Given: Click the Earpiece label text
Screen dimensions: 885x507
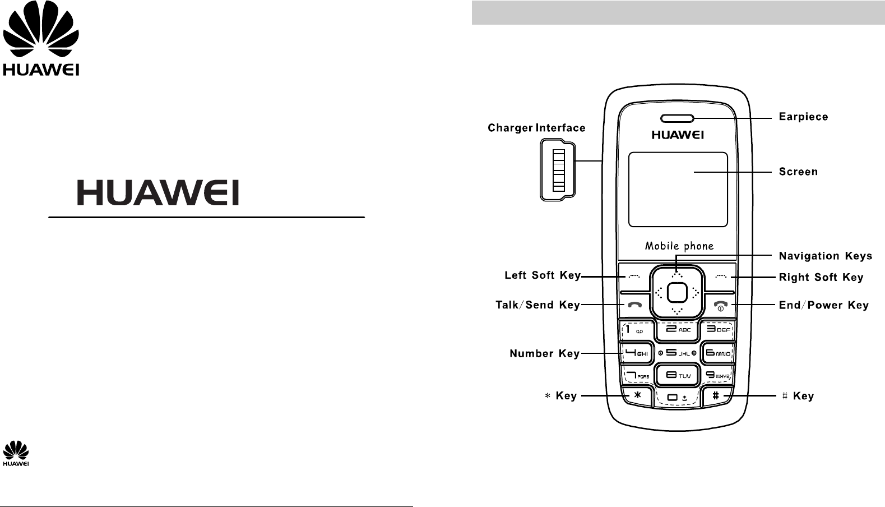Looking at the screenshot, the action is pos(803,117).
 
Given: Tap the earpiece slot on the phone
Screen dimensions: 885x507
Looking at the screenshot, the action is pos(677,118).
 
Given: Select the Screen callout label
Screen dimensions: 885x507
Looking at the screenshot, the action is pos(798,172).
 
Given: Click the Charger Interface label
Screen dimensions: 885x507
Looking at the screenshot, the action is pos(536,128).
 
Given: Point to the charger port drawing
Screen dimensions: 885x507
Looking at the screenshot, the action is pos(557,170).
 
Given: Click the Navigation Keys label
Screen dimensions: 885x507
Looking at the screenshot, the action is pos(825,256).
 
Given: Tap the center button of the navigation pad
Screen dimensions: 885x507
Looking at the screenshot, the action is pos(678,292).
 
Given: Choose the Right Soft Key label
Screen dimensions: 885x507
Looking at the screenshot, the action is pos(821,278).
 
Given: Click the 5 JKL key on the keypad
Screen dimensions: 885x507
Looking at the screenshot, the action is pos(678,353).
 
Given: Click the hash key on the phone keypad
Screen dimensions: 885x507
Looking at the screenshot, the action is pos(716,395).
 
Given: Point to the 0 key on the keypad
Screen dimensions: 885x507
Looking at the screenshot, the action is pos(677,398).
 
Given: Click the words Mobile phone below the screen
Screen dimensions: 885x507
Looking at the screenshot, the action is pos(679,246).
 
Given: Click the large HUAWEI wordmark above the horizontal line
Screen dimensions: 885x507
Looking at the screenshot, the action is pos(158,192).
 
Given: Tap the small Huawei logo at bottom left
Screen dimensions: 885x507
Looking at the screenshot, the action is pos(16,454).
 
